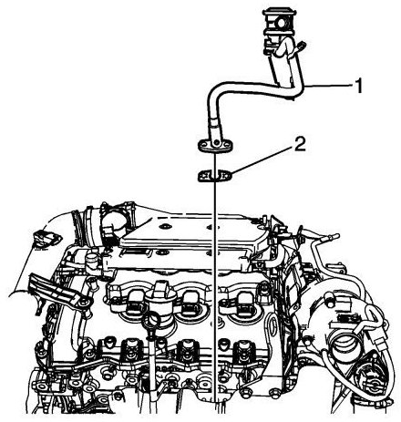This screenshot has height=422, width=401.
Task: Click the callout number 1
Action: pyautogui.click(x=359, y=86)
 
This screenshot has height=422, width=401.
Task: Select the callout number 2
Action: pyautogui.click(x=299, y=144)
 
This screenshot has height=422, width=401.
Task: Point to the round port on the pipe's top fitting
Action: pyautogui.click(x=281, y=24)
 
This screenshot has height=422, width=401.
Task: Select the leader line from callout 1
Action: pyautogui.click(x=329, y=87)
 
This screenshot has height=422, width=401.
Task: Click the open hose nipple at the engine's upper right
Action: pyautogui.click(x=334, y=235)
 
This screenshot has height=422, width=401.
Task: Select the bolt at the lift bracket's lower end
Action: pyautogui.click(x=84, y=303)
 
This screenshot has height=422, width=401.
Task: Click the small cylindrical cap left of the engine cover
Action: pyautogui.click(x=91, y=261)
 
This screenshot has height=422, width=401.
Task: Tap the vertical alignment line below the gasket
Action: pyautogui.click(x=215, y=293)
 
